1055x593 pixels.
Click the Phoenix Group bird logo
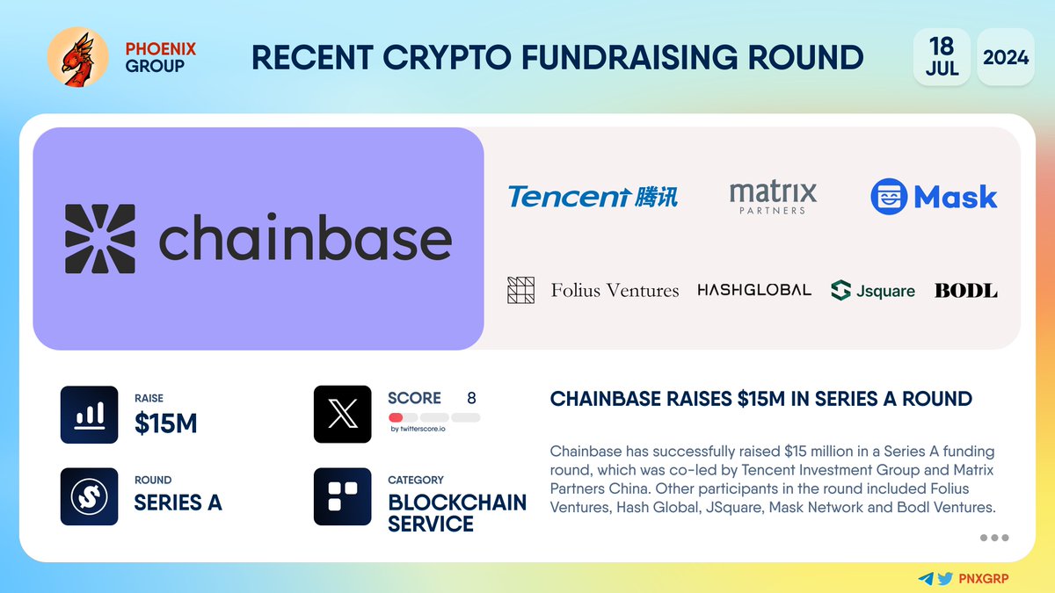tap(77, 57)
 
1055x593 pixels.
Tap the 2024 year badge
tap(1005, 57)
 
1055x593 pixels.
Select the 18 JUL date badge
tap(942, 57)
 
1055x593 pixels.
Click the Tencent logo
tap(593, 195)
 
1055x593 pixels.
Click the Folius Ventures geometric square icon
tap(521, 290)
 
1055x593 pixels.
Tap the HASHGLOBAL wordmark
tap(753, 290)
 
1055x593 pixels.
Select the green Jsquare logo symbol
tap(840, 290)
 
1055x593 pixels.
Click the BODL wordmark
tap(965, 290)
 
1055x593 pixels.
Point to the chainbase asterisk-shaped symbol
tap(100, 239)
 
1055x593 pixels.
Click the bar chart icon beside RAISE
tap(89, 415)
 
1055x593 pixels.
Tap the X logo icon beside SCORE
tap(342, 415)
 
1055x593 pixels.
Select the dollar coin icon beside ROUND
tap(89, 496)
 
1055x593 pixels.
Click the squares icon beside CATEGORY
tap(342, 496)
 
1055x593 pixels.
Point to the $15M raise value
tap(165, 424)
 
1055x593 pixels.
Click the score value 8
tap(471, 398)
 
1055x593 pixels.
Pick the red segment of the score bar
tap(396, 417)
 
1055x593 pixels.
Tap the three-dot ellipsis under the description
tap(993, 538)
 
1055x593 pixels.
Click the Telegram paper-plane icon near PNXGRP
tap(925, 579)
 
